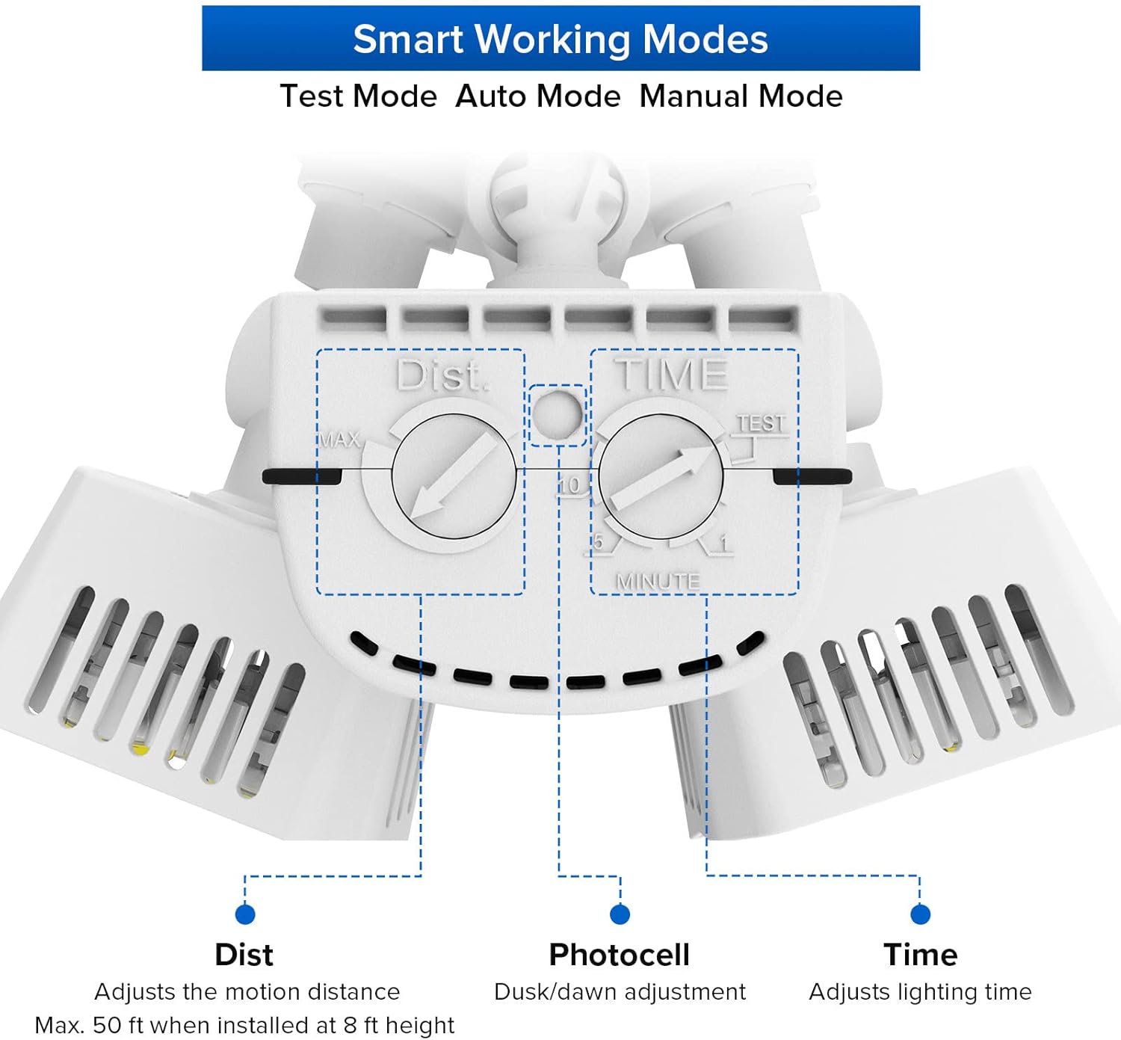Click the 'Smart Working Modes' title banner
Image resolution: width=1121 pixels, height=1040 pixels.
[x=560, y=39]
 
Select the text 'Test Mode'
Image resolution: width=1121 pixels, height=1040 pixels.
[x=358, y=96]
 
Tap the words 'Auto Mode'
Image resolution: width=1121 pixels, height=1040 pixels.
[x=538, y=96]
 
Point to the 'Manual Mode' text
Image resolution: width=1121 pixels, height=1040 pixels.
[x=741, y=96]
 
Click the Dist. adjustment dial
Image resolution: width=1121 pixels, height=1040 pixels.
[x=454, y=476]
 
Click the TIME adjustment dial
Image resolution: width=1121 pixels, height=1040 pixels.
[x=661, y=476]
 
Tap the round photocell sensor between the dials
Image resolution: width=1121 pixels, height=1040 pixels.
[x=557, y=413]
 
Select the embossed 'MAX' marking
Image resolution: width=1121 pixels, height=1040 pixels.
[x=339, y=440]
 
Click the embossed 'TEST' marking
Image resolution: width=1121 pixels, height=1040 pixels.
[x=762, y=424]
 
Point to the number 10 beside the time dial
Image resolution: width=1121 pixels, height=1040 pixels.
[x=569, y=485]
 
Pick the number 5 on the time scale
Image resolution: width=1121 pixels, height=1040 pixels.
[x=598, y=541]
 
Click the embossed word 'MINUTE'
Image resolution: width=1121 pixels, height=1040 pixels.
[x=658, y=581]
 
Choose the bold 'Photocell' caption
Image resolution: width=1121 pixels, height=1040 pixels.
[x=619, y=955]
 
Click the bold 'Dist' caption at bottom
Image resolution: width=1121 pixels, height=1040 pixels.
[x=244, y=955]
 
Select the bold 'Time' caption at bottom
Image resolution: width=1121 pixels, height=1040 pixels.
[x=920, y=955]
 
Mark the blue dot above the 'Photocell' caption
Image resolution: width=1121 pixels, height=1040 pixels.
[x=620, y=914]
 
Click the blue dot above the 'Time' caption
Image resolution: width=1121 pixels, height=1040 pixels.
[x=920, y=914]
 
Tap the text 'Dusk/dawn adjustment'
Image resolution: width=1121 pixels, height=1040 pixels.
[x=620, y=992]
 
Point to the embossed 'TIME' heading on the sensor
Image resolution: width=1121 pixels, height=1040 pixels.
[x=670, y=375]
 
